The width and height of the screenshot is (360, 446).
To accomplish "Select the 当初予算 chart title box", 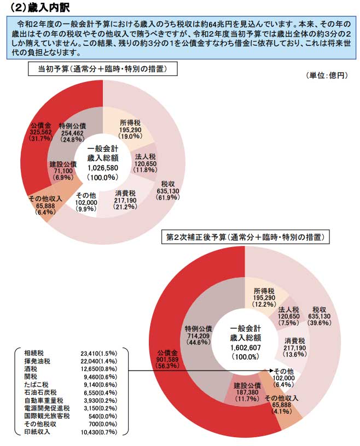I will [x=101, y=69].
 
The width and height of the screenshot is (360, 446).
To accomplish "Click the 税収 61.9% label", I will [x=167, y=190].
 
